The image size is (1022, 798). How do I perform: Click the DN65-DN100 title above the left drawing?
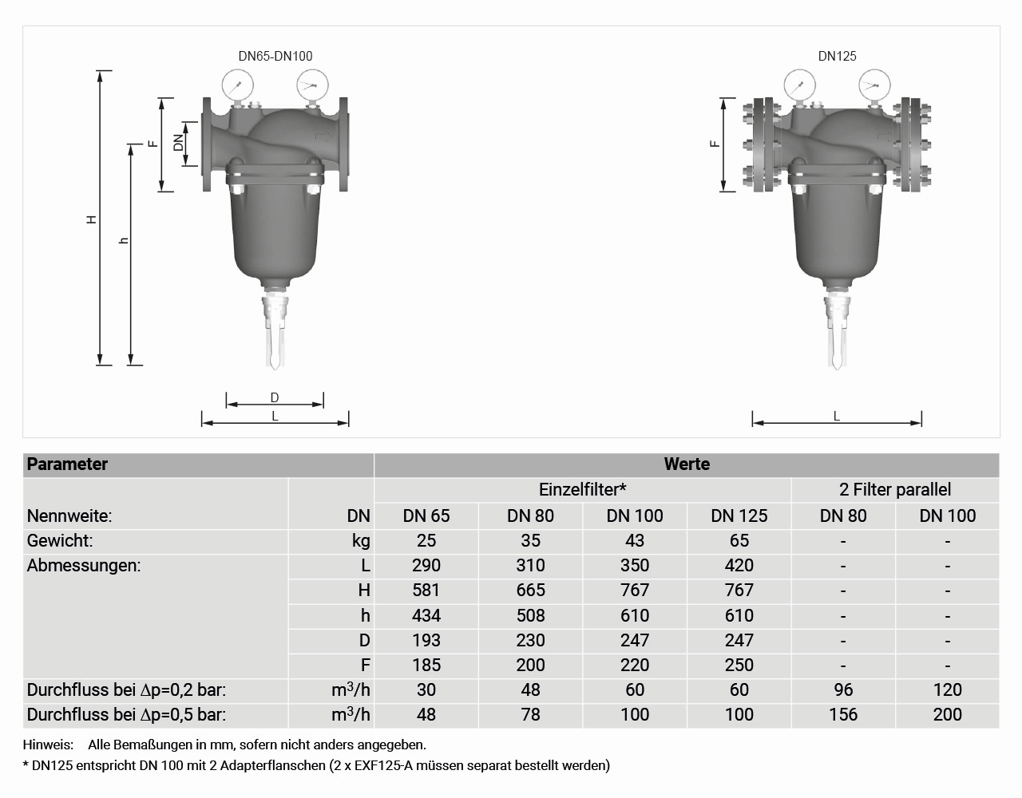tap(275, 57)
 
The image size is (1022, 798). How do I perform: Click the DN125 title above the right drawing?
tap(838, 57)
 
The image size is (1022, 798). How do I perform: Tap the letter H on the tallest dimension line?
tap(92, 219)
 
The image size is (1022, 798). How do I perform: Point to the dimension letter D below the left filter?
tap(275, 397)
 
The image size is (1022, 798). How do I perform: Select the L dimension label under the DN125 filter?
tap(836, 417)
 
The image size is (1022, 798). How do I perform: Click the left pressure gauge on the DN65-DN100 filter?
tap(237, 85)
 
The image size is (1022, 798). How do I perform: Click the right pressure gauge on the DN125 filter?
tap(874, 85)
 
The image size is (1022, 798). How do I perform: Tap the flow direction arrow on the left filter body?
tap(323, 136)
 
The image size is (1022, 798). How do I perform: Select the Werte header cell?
tap(687, 464)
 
